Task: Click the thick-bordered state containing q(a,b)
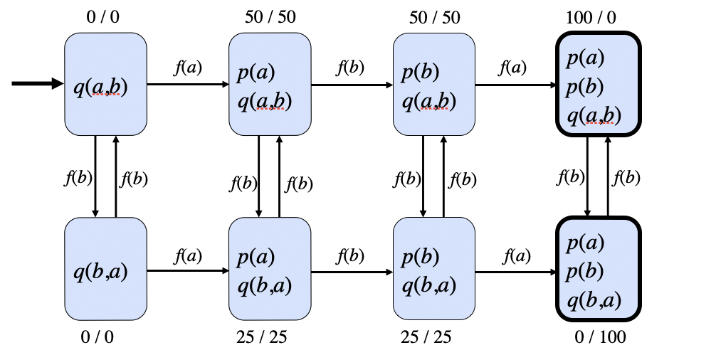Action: click(x=598, y=84)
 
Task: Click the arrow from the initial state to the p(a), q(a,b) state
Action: click(x=188, y=84)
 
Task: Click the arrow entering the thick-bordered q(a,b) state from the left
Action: click(x=516, y=85)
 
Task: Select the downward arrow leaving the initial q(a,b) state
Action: click(x=95, y=175)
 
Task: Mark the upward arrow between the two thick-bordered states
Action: click(x=608, y=175)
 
